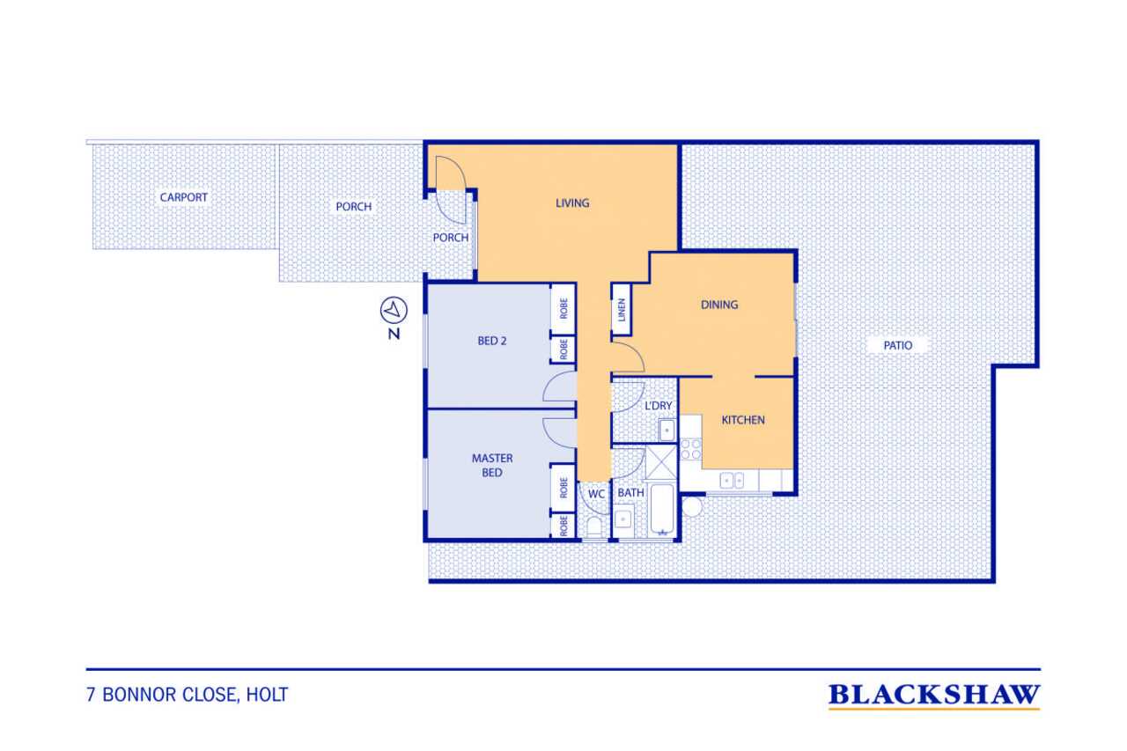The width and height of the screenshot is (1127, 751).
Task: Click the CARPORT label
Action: (x=184, y=197)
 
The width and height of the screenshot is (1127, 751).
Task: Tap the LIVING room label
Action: (x=572, y=203)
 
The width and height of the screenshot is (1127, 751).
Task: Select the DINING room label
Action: (x=719, y=305)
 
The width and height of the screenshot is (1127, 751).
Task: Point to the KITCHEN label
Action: (x=743, y=420)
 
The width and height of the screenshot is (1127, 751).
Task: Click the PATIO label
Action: (x=898, y=346)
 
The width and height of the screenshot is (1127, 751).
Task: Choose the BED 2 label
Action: (x=492, y=341)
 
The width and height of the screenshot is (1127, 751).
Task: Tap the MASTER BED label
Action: (x=492, y=465)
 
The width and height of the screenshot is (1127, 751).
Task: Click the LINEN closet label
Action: (x=622, y=310)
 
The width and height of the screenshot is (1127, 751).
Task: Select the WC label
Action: (x=596, y=494)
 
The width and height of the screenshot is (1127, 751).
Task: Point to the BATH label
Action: (x=631, y=493)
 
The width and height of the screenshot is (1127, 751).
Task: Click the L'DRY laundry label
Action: (x=658, y=405)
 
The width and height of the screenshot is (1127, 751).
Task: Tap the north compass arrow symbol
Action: (x=394, y=311)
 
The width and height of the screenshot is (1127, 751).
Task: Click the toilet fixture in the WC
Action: (x=594, y=526)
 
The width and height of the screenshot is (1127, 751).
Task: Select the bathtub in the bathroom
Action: (x=661, y=510)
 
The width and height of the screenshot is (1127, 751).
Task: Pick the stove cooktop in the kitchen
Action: (x=691, y=449)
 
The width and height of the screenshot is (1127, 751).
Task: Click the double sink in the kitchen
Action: (x=732, y=481)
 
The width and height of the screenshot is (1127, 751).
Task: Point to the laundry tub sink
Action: (x=667, y=431)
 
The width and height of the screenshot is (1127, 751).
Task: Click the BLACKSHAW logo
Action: (x=934, y=696)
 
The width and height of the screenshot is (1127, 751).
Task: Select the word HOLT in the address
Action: (x=267, y=695)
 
